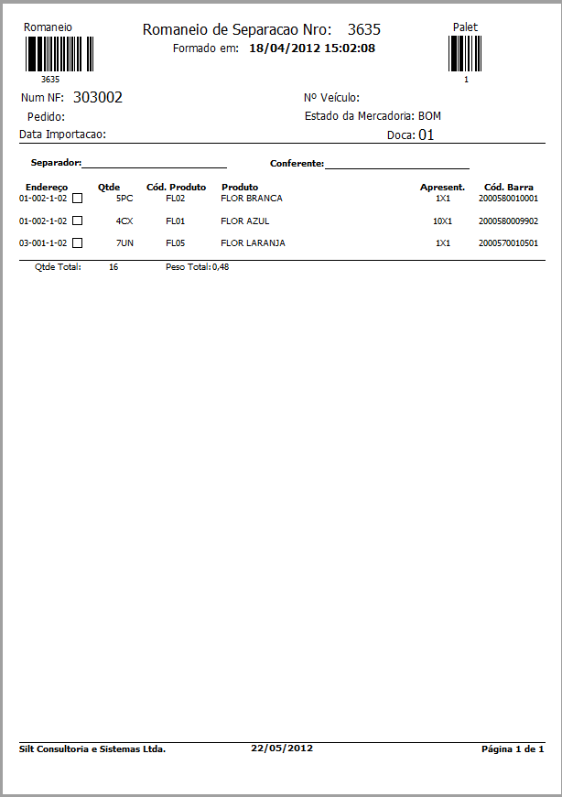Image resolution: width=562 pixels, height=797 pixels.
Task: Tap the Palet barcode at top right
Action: (x=466, y=54)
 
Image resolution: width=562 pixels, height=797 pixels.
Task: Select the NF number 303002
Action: (x=98, y=98)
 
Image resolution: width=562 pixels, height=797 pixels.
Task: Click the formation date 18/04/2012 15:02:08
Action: (x=311, y=48)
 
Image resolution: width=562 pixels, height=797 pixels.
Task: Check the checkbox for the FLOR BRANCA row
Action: (x=78, y=198)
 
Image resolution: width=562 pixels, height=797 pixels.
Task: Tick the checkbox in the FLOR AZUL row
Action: (x=78, y=221)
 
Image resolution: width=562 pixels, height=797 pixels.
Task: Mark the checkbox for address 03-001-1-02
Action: (x=78, y=243)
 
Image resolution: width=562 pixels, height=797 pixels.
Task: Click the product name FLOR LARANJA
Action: (x=254, y=243)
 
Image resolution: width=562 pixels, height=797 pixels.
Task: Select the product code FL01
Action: (x=176, y=221)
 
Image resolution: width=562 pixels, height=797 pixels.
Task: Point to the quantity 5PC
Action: (x=124, y=198)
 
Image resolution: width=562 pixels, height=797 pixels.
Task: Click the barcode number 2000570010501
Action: (x=508, y=243)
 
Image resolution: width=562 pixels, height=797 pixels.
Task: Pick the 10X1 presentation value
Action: (x=442, y=221)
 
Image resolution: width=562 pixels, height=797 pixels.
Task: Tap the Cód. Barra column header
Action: (x=509, y=187)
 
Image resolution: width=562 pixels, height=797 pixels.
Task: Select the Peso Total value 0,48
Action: (x=221, y=267)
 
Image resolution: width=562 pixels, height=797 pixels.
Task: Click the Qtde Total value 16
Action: (x=113, y=267)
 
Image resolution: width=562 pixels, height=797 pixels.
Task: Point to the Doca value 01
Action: (x=426, y=135)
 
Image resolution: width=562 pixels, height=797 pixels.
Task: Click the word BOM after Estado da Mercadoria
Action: (x=429, y=116)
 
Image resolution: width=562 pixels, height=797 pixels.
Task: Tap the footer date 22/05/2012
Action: (x=282, y=748)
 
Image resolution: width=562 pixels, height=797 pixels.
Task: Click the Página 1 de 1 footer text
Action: (x=513, y=749)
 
